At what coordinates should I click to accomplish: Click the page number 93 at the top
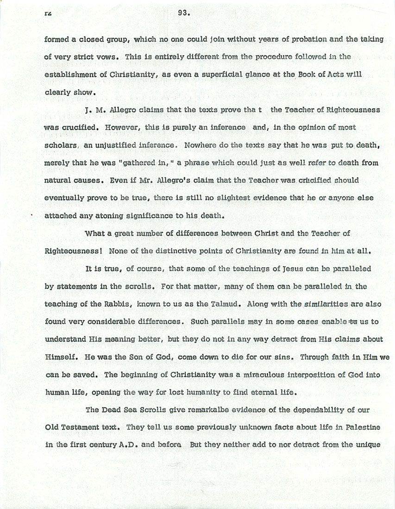(x=183, y=13)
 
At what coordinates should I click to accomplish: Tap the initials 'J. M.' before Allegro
(x=93, y=110)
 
